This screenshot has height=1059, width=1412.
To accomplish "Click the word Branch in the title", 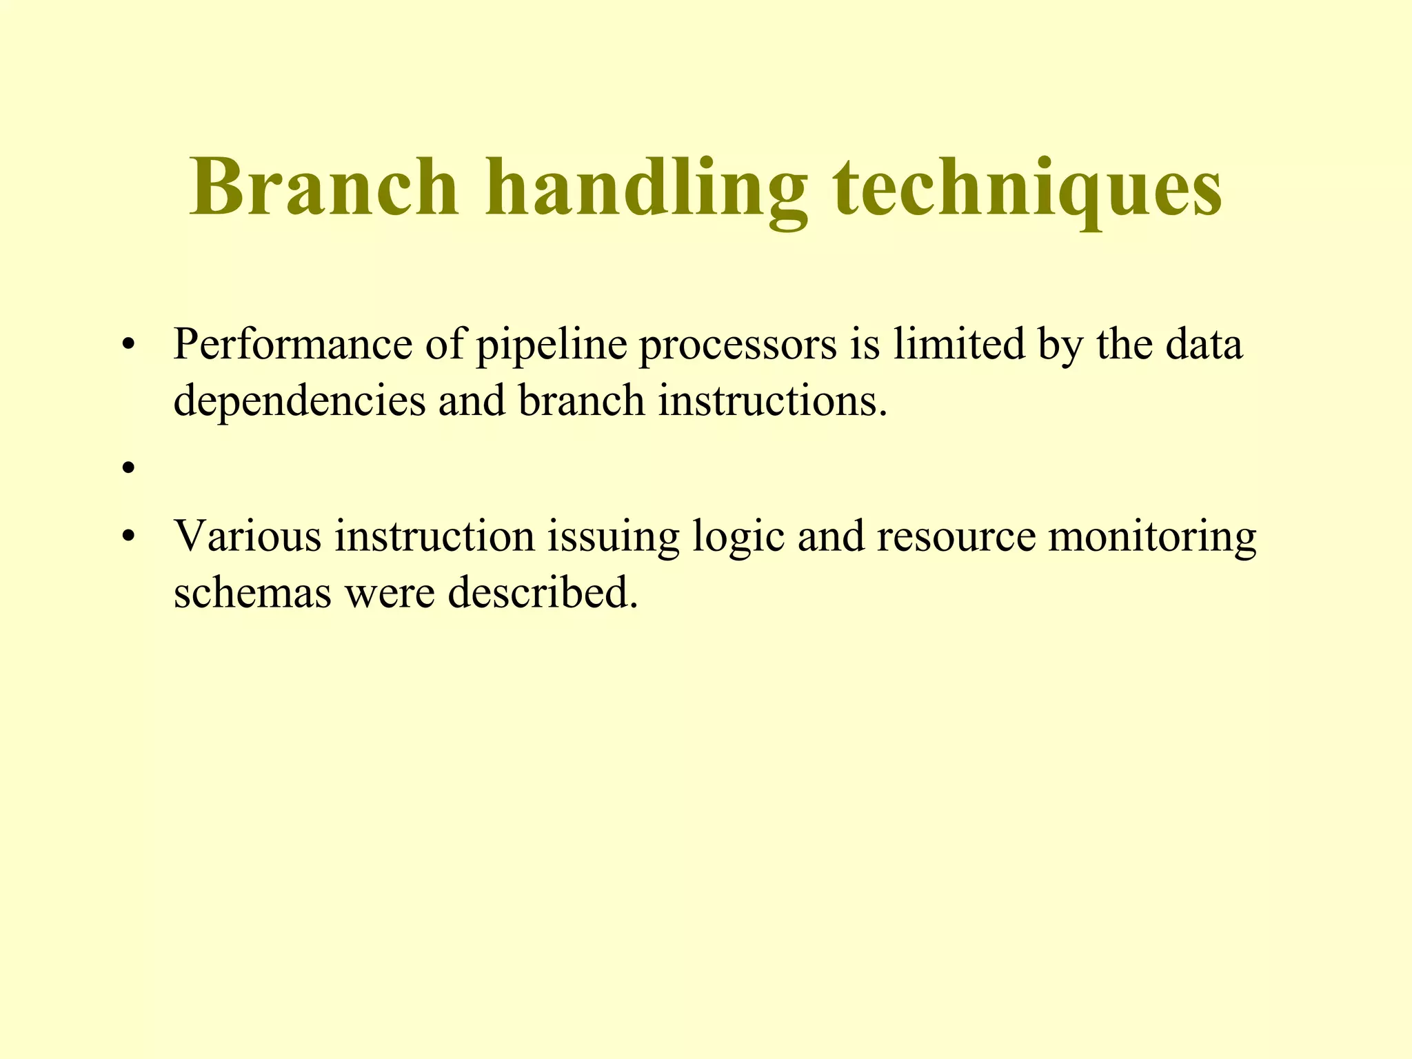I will click(x=323, y=188).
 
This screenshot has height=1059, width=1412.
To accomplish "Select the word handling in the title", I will click(x=645, y=188).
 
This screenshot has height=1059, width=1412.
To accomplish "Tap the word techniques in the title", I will click(x=1027, y=188).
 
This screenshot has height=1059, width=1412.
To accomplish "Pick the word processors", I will click(x=737, y=345).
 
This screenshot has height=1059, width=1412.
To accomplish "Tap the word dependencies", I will click(x=300, y=401).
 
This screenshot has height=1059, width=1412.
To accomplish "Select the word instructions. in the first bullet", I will click(x=772, y=401).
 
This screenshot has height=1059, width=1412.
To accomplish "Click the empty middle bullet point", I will click(x=127, y=470).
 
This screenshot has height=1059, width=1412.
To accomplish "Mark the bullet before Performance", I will click(x=127, y=345).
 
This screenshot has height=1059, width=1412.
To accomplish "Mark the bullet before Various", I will click(x=127, y=536).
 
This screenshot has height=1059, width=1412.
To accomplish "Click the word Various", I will click(x=247, y=536).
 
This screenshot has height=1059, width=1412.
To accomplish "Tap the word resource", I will click(x=956, y=536).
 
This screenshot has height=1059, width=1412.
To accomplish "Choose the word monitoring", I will click(x=1152, y=536).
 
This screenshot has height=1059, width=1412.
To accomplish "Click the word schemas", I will click(x=252, y=592).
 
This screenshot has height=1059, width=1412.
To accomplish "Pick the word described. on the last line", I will click(x=543, y=592).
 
